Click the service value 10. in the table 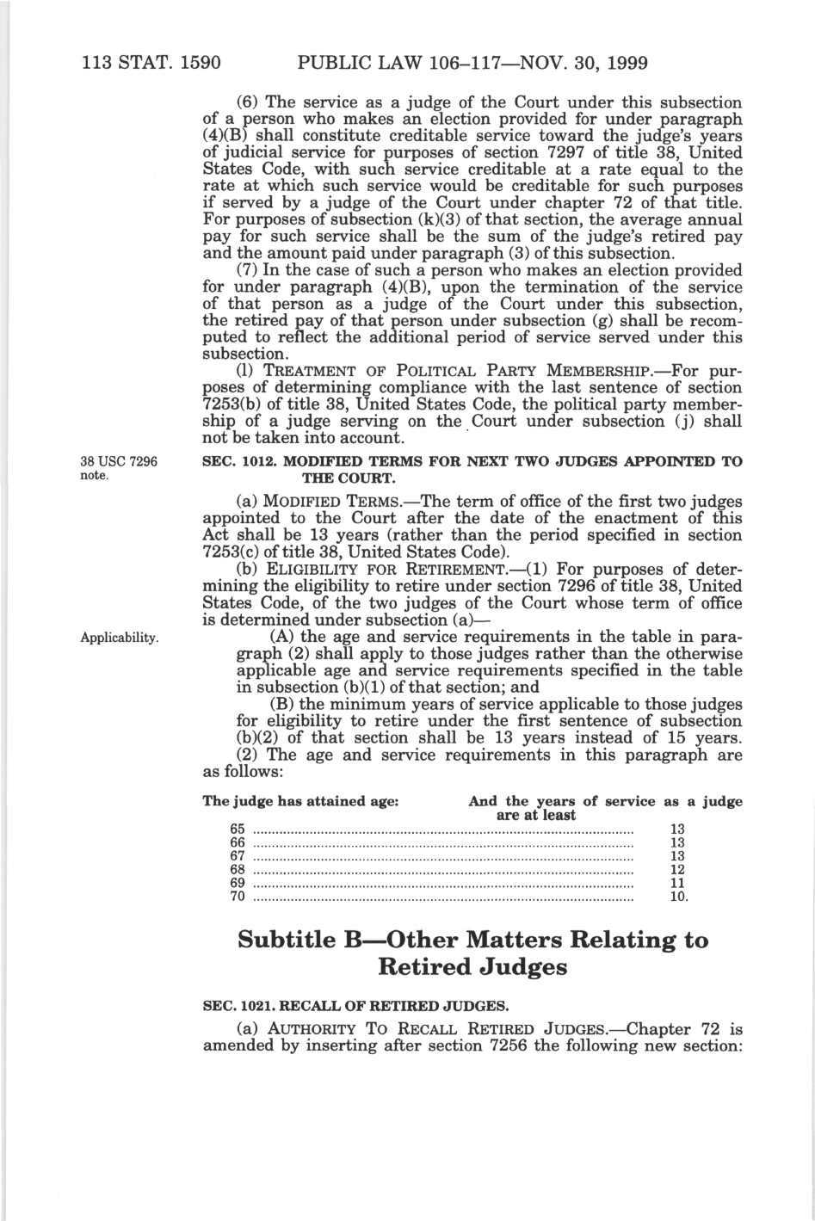678,897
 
